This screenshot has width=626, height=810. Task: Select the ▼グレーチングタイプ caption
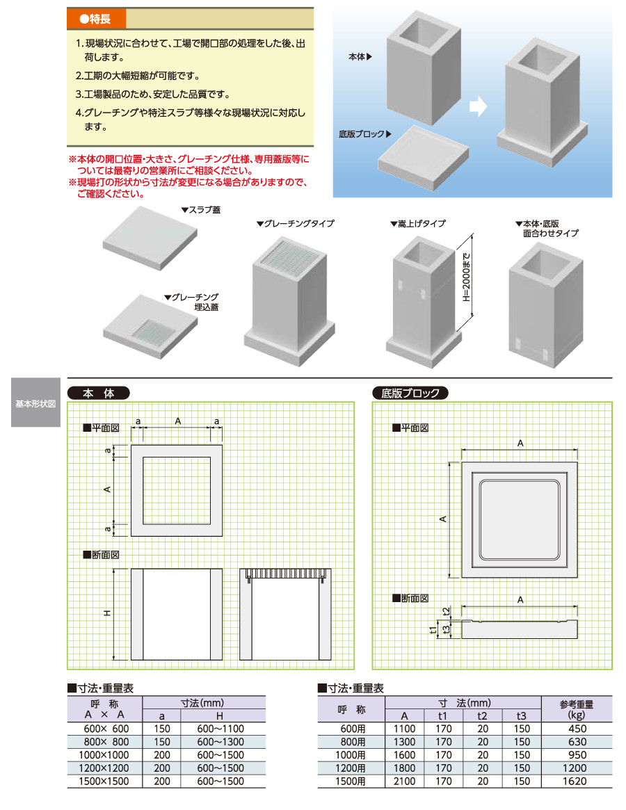click(295, 224)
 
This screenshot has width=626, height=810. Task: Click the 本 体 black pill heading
click(98, 393)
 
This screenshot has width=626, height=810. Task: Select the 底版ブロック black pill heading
click(410, 393)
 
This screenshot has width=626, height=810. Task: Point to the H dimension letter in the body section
click(107, 613)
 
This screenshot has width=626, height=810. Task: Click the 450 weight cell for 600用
click(577, 729)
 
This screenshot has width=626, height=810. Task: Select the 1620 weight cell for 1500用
click(577, 781)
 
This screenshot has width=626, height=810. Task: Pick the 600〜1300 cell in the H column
click(219, 742)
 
